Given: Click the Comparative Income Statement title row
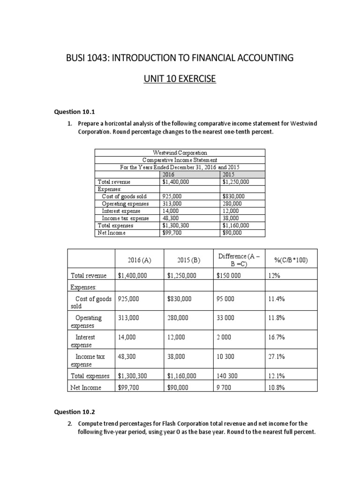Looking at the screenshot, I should pyautogui.click(x=180, y=160).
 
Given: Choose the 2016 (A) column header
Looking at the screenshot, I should pyautogui.click(x=139, y=260).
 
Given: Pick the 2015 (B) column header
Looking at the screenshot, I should pyautogui.click(x=189, y=260).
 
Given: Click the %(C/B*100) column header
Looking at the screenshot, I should pyautogui.click(x=290, y=260).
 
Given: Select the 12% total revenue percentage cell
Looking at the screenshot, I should pyautogui.click(x=274, y=276).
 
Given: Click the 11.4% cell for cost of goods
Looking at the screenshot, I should pyautogui.click(x=277, y=298).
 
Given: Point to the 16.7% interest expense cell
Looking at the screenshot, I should pyautogui.click(x=277, y=337).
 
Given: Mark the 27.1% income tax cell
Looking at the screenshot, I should pyautogui.click(x=277, y=356).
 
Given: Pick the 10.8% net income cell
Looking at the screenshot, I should pyautogui.click(x=277, y=388).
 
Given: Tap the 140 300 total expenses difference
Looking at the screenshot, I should pyautogui.click(x=227, y=376).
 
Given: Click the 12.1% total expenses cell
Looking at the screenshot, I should pyautogui.click(x=277, y=376).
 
